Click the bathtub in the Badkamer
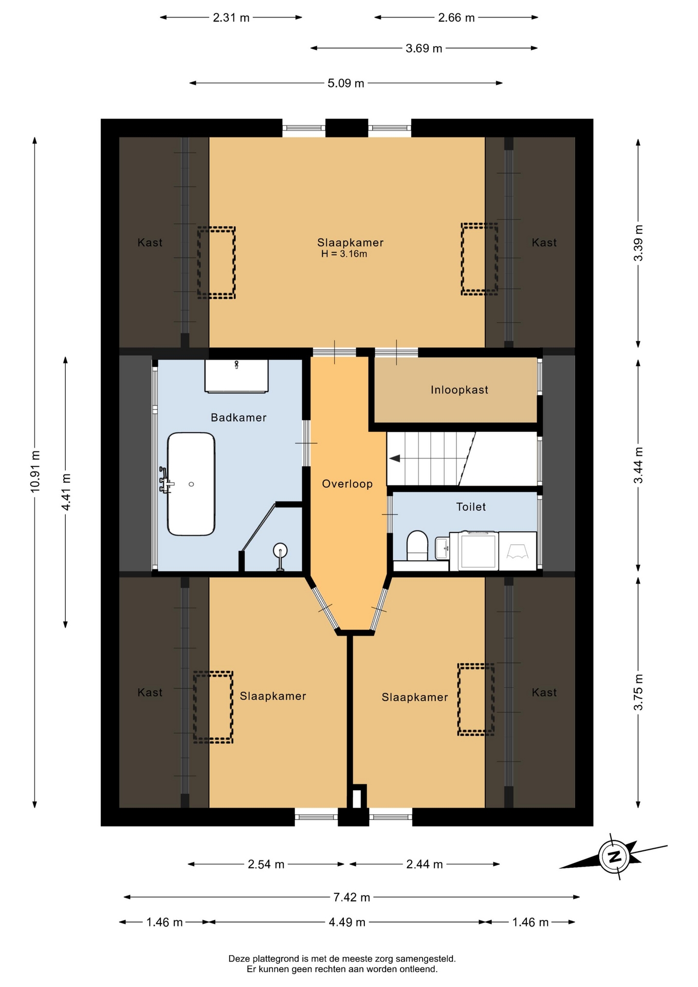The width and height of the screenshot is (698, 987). (191, 484)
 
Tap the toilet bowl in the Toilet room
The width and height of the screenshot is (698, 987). (417, 545)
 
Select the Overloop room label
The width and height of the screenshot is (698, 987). (347, 484)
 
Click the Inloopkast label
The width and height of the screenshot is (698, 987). (460, 390)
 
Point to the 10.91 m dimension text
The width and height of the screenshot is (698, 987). (35, 471)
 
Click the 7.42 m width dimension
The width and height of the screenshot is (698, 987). (352, 897)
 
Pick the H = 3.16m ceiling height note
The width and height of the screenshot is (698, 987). (344, 254)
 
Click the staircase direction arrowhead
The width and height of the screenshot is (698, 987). (394, 459)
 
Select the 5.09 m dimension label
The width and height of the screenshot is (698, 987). (346, 83)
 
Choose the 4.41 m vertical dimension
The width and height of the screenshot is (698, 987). (66, 492)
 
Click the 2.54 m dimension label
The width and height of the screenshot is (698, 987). (266, 864)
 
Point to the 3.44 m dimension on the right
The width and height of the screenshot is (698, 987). (638, 465)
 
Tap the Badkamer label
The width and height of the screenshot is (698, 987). (238, 417)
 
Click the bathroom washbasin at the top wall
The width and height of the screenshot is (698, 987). (236, 376)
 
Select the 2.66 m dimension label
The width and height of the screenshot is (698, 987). (456, 17)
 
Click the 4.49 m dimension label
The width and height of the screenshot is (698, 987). (347, 922)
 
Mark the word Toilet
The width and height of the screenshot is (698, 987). (471, 507)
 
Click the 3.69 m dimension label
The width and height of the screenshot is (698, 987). (424, 48)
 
